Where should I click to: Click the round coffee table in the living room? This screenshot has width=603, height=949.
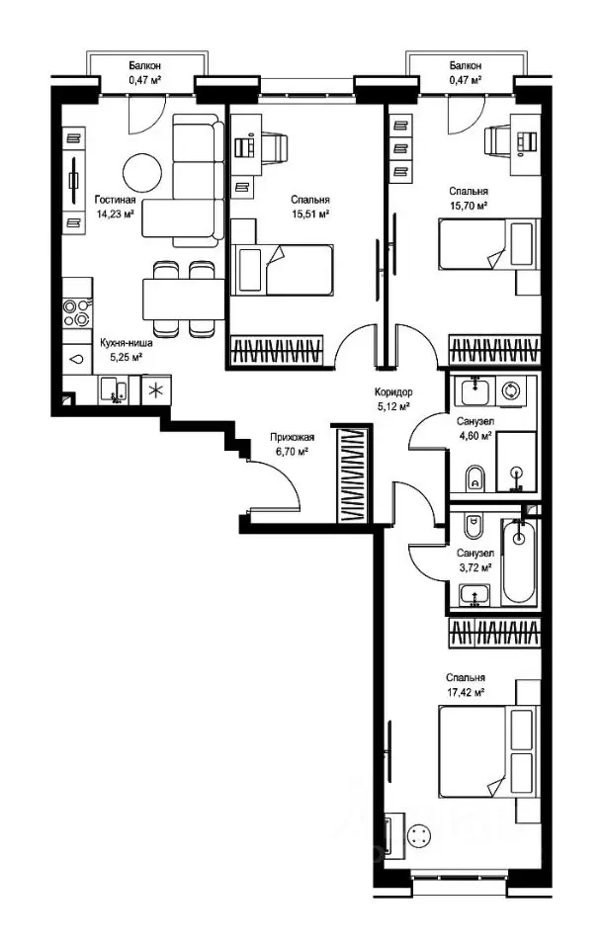(x=143, y=172)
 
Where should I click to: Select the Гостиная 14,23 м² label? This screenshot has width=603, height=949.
(x=115, y=206)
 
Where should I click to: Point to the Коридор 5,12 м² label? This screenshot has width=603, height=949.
(x=394, y=399)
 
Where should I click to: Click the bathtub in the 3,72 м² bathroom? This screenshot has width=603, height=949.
(x=519, y=561)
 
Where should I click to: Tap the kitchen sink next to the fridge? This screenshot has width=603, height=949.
(x=114, y=389)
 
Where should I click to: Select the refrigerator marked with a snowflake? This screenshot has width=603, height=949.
(x=156, y=389)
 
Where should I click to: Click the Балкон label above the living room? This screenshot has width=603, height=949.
(x=144, y=66)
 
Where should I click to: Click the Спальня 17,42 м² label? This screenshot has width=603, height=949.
(x=465, y=684)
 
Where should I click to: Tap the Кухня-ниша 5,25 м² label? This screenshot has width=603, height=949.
(x=126, y=350)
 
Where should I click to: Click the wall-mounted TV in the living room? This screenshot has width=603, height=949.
(x=74, y=180)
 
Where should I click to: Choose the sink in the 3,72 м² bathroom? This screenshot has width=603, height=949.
(x=474, y=594)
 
